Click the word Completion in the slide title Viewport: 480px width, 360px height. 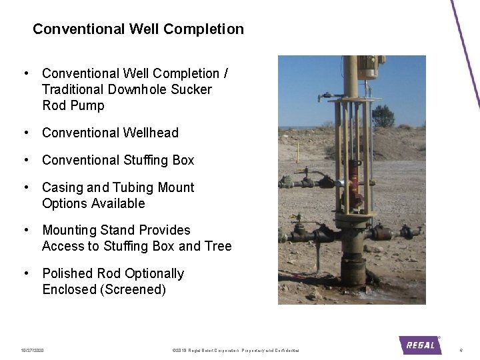point(207,29)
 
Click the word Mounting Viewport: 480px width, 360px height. point(69,231)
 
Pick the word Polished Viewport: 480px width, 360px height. point(67,273)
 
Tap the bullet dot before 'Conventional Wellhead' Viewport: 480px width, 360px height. point(25,133)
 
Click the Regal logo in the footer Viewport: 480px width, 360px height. point(420,345)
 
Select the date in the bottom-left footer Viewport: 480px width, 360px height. point(32,350)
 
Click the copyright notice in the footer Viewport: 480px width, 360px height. point(235,350)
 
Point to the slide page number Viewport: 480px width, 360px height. point(461,350)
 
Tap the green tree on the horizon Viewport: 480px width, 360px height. point(383,116)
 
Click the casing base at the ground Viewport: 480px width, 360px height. point(351,273)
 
